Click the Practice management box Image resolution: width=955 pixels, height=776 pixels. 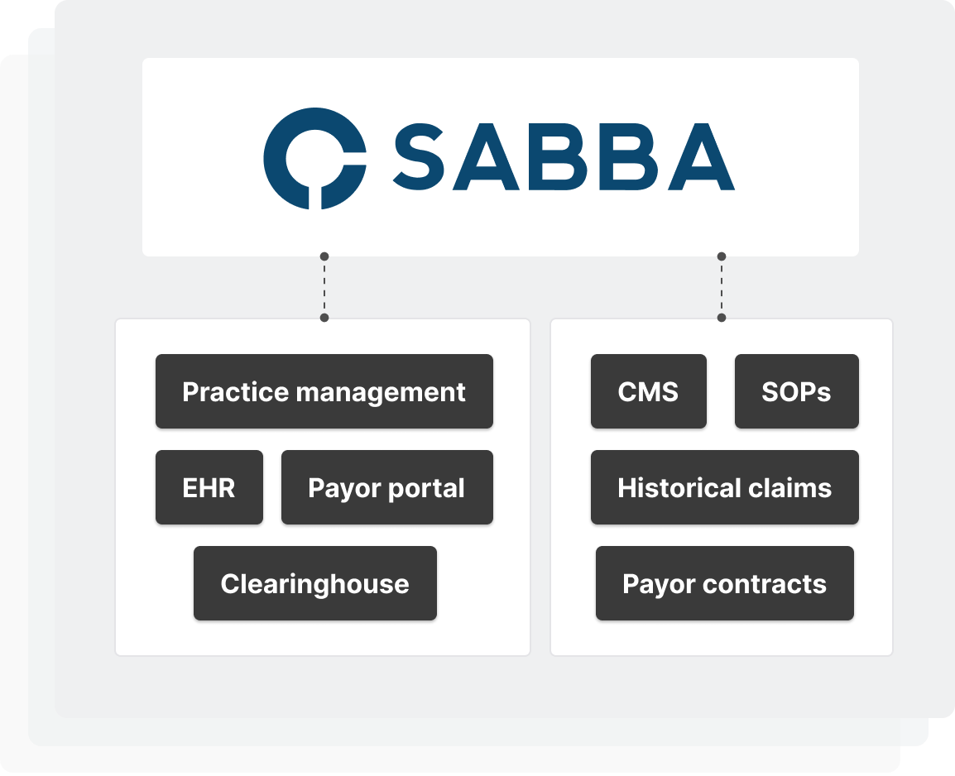[x=324, y=391]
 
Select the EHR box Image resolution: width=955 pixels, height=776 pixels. [x=209, y=487]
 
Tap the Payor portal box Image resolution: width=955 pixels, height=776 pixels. [x=386, y=487]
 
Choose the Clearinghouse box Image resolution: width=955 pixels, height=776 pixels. [x=314, y=583]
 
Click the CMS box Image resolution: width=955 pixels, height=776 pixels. [x=648, y=391]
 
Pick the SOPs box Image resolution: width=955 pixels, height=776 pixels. [x=796, y=391]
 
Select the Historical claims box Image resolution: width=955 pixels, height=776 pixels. [x=724, y=487]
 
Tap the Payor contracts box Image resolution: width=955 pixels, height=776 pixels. [x=724, y=583]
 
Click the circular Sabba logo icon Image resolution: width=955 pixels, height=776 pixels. [x=314, y=157]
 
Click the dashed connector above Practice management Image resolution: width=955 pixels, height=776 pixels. [x=324, y=287]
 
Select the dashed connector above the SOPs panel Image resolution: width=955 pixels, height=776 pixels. [x=722, y=287]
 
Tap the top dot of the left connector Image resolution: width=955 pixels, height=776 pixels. [x=324, y=256]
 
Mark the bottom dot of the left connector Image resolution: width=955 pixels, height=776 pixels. [x=324, y=318]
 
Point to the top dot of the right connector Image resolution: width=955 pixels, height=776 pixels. [x=722, y=256]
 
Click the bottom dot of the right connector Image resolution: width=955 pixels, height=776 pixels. [x=722, y=318]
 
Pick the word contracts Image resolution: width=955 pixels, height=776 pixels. [x=764, y=583]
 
